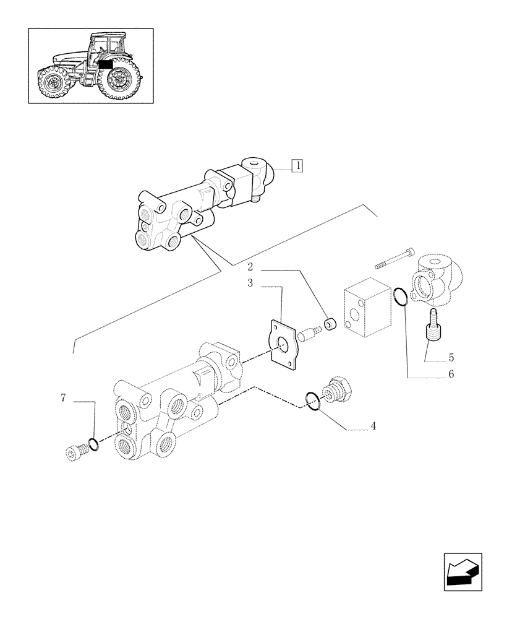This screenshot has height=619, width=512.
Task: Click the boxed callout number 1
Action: (x=298, y=166)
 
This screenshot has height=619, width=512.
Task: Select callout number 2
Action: (x=250, y=267)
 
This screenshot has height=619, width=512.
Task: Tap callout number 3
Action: (x=250, y=284)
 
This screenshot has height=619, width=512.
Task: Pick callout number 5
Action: (x=451, y=357)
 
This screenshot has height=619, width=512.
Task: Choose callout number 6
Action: (x=451, y=374)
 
